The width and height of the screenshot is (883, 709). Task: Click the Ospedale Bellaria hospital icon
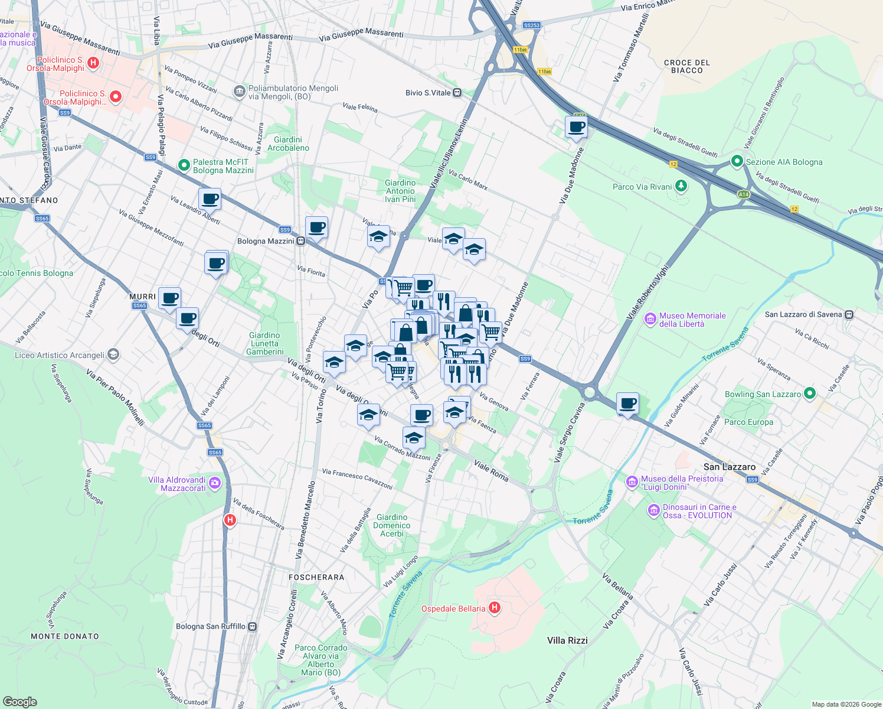495,608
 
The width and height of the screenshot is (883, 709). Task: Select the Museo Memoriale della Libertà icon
650,320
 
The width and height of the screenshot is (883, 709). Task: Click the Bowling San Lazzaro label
763,394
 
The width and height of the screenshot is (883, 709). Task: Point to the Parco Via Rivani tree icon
681,186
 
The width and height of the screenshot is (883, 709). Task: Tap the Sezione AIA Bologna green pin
737,161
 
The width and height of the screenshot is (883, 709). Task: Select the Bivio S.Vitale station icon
457,93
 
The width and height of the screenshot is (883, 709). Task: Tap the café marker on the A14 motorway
576,127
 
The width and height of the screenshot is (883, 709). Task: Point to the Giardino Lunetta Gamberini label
264,343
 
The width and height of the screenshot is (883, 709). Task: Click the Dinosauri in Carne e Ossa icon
653,510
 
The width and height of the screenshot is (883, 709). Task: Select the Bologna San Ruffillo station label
211,626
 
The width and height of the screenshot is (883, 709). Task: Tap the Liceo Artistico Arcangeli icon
114,354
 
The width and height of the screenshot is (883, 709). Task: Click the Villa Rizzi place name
567,640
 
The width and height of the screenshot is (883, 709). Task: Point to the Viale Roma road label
490,471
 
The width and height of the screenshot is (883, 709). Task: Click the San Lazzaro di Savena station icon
849,314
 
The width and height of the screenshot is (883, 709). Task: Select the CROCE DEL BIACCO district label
686,66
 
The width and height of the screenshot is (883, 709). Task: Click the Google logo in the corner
20,701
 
